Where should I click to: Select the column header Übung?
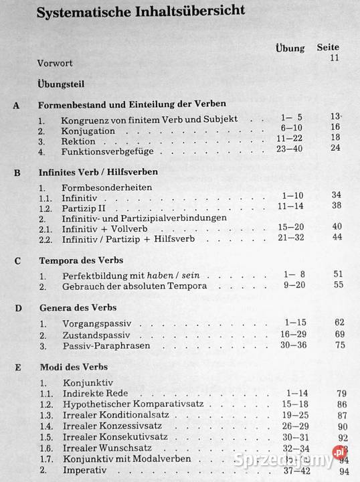[290, 48]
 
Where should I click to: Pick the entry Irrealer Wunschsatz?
[106, 449]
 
